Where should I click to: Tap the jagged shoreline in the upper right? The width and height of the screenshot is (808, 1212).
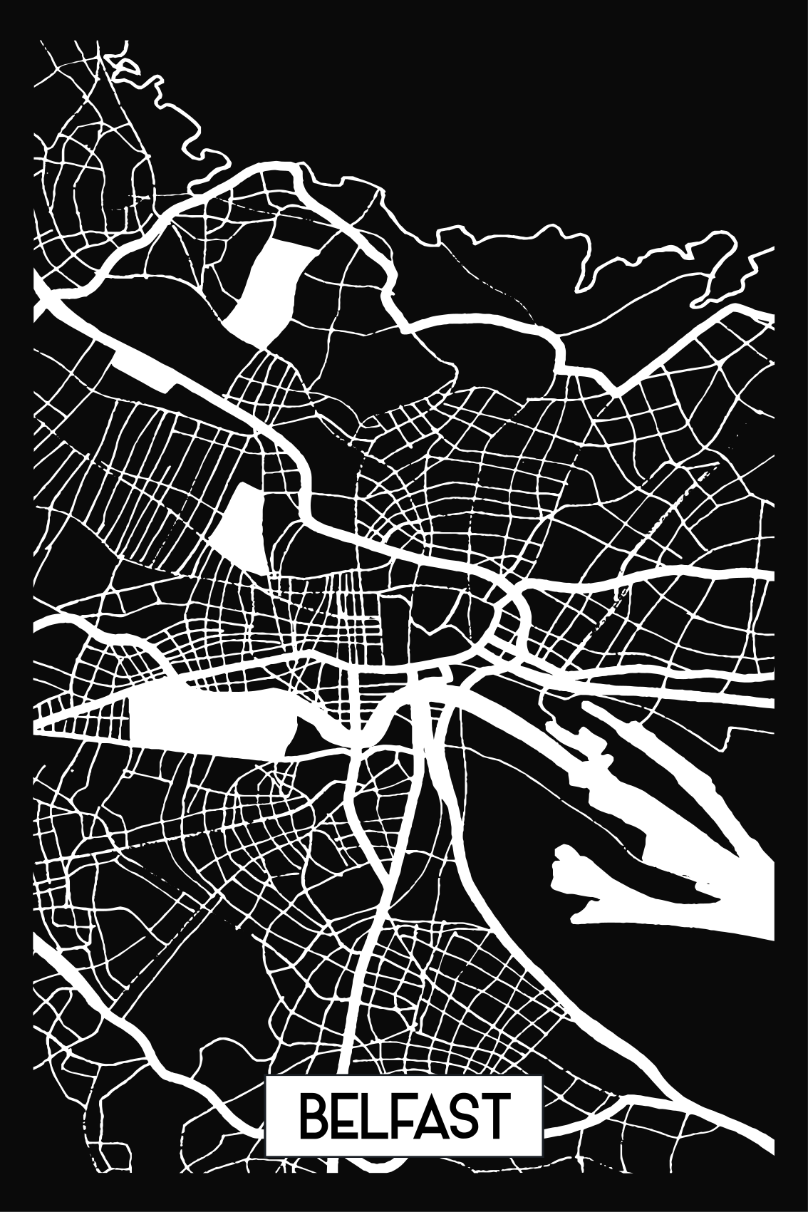coord(584,264)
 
